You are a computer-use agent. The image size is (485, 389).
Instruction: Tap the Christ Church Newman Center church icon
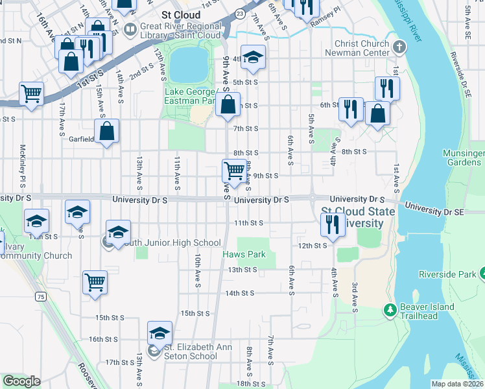click(x=399, y=47)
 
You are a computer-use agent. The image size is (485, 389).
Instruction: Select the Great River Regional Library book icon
click(x=130, y=29)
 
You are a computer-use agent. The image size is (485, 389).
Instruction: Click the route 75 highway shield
click(x=41, y=296)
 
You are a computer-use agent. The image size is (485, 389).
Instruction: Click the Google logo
click(x=22, y=381)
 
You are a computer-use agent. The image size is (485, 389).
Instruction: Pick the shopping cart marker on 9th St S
click(x=234, y=172)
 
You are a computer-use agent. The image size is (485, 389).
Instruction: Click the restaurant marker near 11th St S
click(x=331, y=225)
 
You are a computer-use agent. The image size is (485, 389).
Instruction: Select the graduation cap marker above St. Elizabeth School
click(x=160, y=333)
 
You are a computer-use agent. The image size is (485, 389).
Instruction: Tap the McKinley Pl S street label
click(x=23, y=161)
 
